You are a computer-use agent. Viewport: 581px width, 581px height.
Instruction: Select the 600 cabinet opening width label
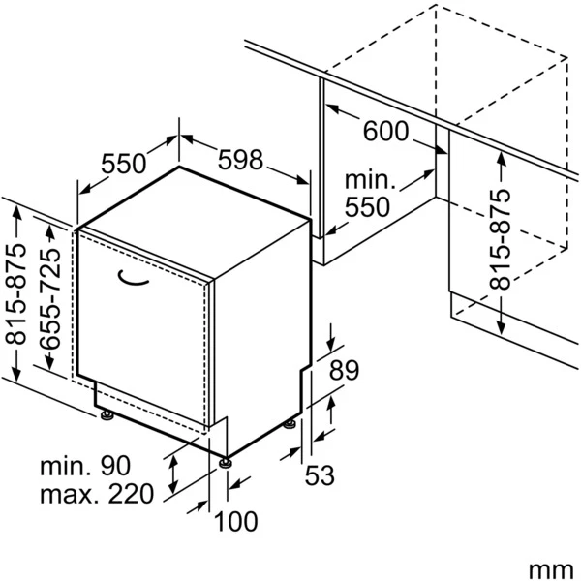(x=386, y=132)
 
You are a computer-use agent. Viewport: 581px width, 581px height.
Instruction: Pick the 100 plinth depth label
(x=236, y=523)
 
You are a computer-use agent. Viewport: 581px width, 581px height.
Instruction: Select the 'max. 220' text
(x=96, y=495)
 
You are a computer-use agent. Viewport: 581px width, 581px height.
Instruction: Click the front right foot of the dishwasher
(x=228, y=461)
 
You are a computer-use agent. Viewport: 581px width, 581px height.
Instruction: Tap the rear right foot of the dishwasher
(x=290, y=423)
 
